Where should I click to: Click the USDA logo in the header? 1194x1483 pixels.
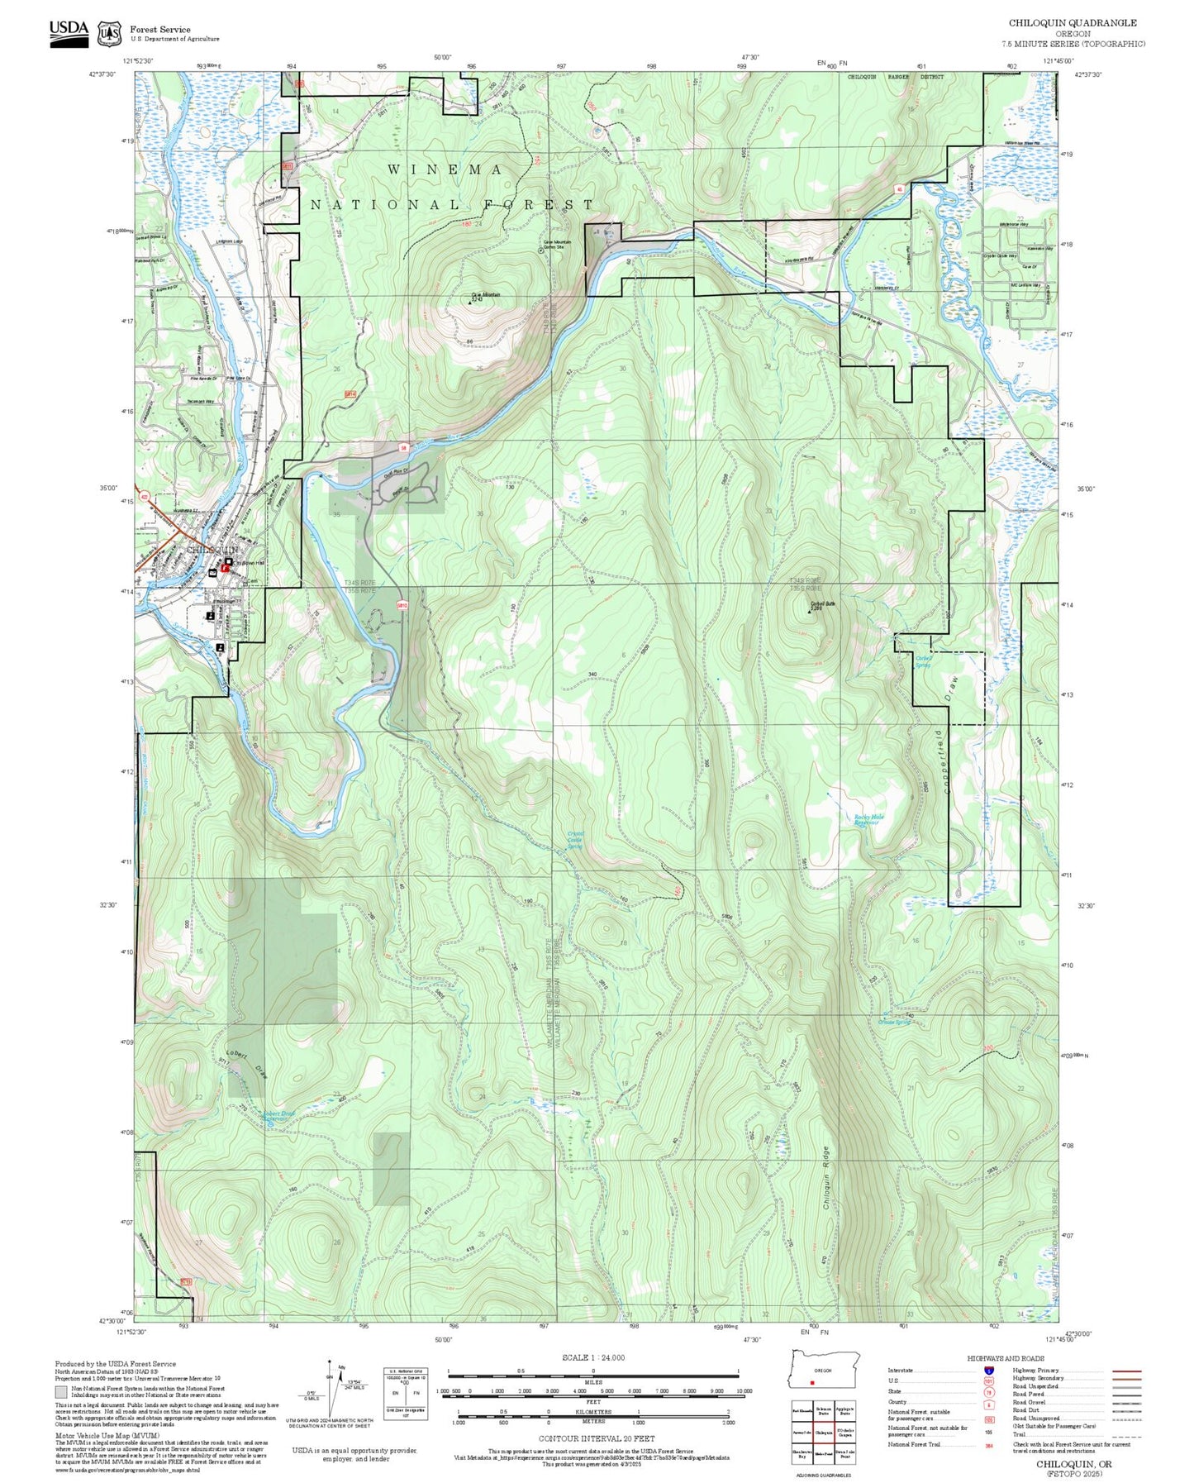click(69, 30)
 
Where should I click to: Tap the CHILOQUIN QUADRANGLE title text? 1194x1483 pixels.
click(1072, 23)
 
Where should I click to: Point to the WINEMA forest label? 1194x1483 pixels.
click(445, 169)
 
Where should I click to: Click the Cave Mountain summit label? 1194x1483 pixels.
click(485, 295)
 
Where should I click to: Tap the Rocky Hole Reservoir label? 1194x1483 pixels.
click(868, 820)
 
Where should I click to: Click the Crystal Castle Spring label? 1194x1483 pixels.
click(575, 840)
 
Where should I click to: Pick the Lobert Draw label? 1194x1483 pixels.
click(247, 1066)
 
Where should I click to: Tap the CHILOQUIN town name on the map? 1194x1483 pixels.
click(212, 550)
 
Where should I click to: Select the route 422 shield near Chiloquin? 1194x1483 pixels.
click(145, 498)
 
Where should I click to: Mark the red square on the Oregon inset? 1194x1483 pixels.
click(813, 1381)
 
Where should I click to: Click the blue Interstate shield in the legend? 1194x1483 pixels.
click(989, 1370)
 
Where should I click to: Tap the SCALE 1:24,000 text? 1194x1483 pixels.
click(592, 1357)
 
